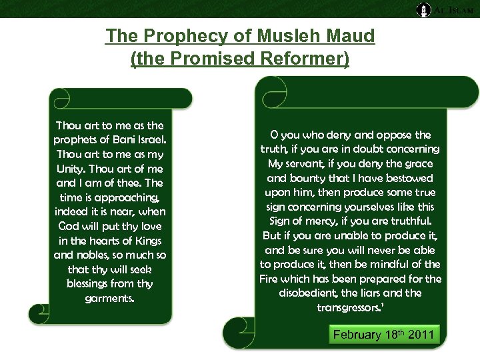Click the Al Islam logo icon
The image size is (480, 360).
point(423,9)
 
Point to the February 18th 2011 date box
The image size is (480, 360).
point(383,334)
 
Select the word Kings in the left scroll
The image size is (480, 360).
point(147,240)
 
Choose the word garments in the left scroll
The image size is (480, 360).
point(109,298)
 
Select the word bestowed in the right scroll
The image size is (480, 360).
point(427,178)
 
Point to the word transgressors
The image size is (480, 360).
point(349,307)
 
